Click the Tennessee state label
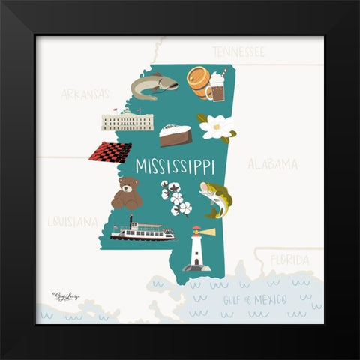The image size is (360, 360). tap(238, 52)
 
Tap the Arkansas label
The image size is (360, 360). tap(85, 94)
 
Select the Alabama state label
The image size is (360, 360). tap(272, 164)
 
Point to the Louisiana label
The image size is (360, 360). tap(73, 221)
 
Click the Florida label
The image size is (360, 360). tap(289, 260)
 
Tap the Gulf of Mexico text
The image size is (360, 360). tap(255, 299)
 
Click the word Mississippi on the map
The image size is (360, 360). tap(175, 166)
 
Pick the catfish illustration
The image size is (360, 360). tap(154, 85)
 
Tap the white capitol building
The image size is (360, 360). tap(127, 120)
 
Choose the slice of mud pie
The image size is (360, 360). tap(175, 136)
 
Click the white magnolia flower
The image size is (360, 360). tap(217, 127)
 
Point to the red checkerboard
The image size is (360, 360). tap(110, 152)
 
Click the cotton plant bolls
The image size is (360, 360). tap(175, 198)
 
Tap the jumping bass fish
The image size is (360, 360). tap(216, 199)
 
